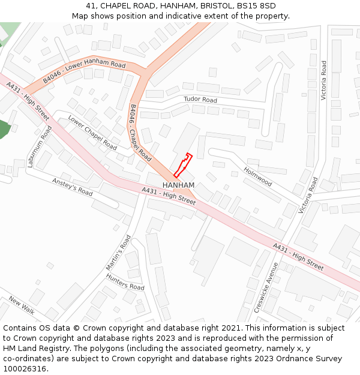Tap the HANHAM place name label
click(178, 185)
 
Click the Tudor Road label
click(200, 100)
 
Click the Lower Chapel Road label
click(92, 132)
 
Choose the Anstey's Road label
click(73, 187)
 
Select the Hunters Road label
click(125, 281)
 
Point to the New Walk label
click(22, 305)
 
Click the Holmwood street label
click(258, 176)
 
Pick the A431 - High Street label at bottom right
click(298, 256)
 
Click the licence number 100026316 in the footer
click(24, 368)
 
